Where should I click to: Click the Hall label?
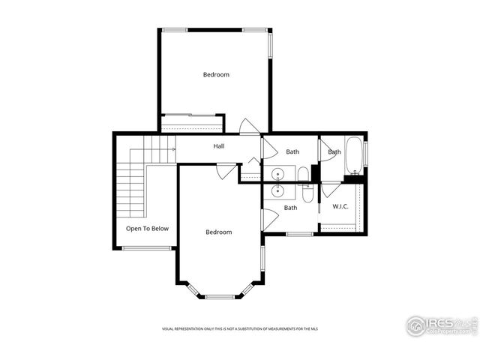[219, 146]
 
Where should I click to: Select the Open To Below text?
[147, 229]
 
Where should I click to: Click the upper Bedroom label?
[216, 75]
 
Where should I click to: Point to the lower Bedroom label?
[219, 232]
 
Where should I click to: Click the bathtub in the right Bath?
[354, 154]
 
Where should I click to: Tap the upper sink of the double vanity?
[279, 175]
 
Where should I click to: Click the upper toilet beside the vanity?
[302, 175]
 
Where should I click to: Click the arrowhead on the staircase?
[173, 149]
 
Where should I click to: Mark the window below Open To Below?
[146, 248]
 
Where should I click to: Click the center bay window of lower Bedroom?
[220, 297]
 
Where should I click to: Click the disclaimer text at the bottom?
[240, 329]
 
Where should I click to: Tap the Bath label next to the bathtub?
[334, 152]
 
